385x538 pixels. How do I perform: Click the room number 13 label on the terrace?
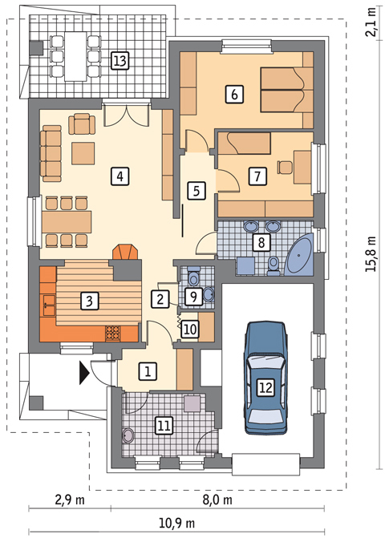120,60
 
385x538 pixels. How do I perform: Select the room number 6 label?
234,95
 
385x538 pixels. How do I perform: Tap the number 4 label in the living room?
120,175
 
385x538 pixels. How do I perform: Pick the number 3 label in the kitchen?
90,301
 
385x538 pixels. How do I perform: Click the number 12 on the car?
266,387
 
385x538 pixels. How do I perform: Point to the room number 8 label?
260,242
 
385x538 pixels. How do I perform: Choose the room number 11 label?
164,425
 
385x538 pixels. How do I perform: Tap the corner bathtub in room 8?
303,255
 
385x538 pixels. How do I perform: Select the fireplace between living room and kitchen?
124,253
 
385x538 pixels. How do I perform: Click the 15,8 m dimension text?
371,255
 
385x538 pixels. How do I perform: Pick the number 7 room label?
257,175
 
